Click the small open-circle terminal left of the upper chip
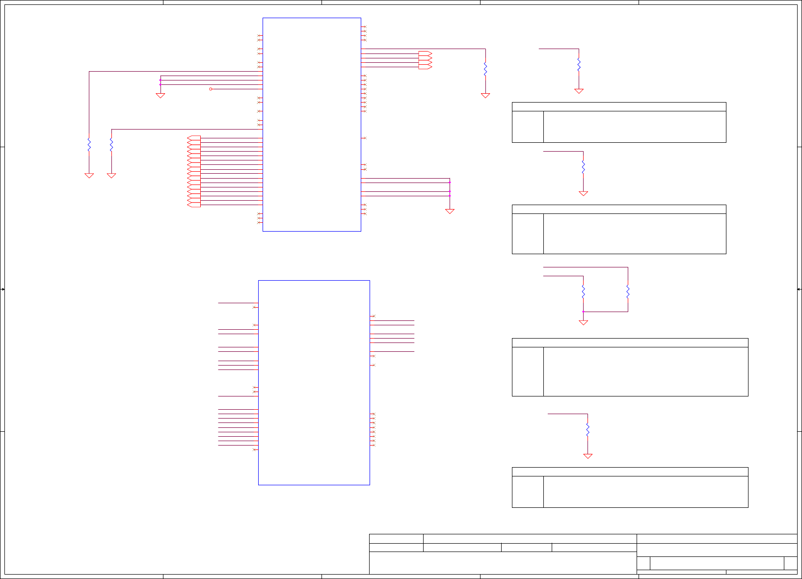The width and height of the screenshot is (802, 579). tap(211, 89)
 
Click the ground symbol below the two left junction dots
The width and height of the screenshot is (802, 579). tap(160, 96)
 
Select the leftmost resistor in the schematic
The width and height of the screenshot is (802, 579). tap(89, 145)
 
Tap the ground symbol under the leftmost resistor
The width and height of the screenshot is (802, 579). tap(89, 175)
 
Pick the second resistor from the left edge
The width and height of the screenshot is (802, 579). tap(111, 145)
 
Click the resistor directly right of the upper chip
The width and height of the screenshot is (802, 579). tap(485, 69)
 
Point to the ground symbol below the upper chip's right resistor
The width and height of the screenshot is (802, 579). tap(485, 95)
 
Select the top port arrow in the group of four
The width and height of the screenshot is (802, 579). tap(425, 53)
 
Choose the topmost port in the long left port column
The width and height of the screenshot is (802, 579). tap(194, 138)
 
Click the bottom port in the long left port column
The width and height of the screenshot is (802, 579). tap(194, 205)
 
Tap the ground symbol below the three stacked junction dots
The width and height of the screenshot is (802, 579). tap(450, 211)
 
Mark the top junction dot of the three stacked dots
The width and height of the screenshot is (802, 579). tap(450, 182)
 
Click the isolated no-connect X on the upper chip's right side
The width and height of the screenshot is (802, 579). tap(364, 138)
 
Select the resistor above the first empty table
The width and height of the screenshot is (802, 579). tap(579, 64)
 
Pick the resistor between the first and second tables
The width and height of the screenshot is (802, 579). tap(583, 167)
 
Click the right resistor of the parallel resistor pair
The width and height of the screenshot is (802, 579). tap(628, 292)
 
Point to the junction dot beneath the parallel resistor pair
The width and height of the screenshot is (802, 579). tap(583, 312)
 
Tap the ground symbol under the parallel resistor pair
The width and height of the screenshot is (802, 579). tap(583, 322)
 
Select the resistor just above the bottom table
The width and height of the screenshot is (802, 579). tap(588, 430)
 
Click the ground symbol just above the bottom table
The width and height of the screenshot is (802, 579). tap(588, 456)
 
